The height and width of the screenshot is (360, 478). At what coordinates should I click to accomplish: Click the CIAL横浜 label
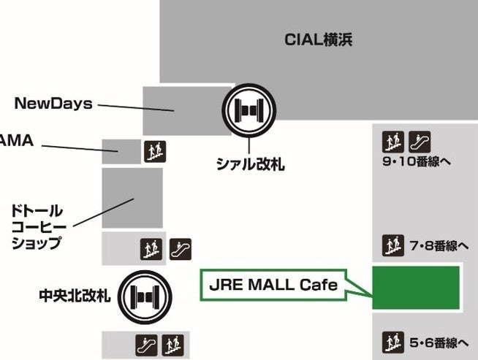(318, 40)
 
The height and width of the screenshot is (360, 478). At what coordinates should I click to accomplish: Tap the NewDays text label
(53, 104)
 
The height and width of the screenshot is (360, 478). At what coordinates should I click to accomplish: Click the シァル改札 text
(251, 165)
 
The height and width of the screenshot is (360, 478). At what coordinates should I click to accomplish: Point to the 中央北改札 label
(75, 296)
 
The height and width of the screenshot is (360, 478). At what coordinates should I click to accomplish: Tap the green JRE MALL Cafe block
(416, 288)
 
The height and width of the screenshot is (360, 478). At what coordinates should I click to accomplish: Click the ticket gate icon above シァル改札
(251, 110)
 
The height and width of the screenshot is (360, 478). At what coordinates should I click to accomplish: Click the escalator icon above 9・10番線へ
(420, 140)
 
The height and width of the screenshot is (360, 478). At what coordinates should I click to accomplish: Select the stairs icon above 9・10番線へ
(393, 140)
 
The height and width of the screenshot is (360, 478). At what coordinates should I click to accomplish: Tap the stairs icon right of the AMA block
(154, 150)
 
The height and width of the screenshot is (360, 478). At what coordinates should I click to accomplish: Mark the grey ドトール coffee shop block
(132, 198)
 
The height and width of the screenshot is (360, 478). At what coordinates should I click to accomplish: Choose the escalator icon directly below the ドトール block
(180, 249)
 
